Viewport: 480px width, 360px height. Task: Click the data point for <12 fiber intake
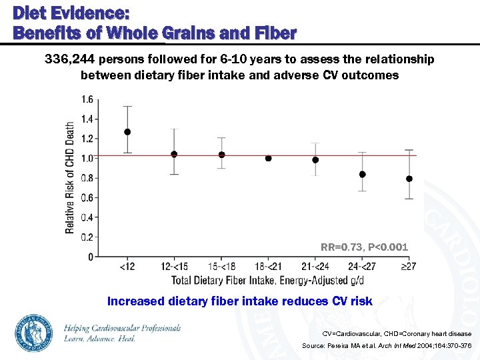[x=127, y=132]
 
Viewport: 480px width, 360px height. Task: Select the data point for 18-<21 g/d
[x=268, y=159]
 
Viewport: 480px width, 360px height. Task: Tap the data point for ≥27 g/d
[x=409, y=179]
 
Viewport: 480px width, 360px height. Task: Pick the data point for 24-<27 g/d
[x=362, y=174]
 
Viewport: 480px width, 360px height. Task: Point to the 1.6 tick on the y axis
[x=87, y=100]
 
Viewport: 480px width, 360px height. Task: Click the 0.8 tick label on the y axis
[x=87, y=178]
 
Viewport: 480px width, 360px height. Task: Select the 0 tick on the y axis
[x=91, y=257]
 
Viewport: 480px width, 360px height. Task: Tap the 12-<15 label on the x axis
[x=175, y=267]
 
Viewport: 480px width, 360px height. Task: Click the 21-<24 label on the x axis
[x=315, y=267]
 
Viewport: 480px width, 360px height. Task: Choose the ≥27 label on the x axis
[x=409, y=267]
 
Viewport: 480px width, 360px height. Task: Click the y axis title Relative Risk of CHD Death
[x=70, y=177]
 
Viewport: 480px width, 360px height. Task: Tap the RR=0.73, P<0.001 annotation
[x=364, y=247]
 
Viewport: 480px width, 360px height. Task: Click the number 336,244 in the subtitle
[x=71, y=59]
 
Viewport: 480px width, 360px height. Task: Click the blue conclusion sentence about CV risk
[x=239, y=301]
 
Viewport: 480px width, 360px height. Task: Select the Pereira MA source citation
[x=387, y=346]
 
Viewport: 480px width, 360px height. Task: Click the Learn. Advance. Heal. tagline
[x=100, y=339]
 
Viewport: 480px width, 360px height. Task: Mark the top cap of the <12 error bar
[x=127, y=107]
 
